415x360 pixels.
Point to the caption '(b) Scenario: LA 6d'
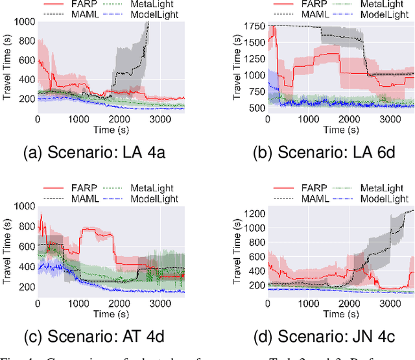(325, 154)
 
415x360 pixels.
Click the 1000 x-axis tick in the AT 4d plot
(78, 303)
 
